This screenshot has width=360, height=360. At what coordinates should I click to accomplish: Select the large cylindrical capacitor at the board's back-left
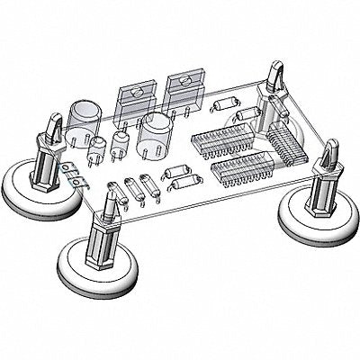84,115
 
